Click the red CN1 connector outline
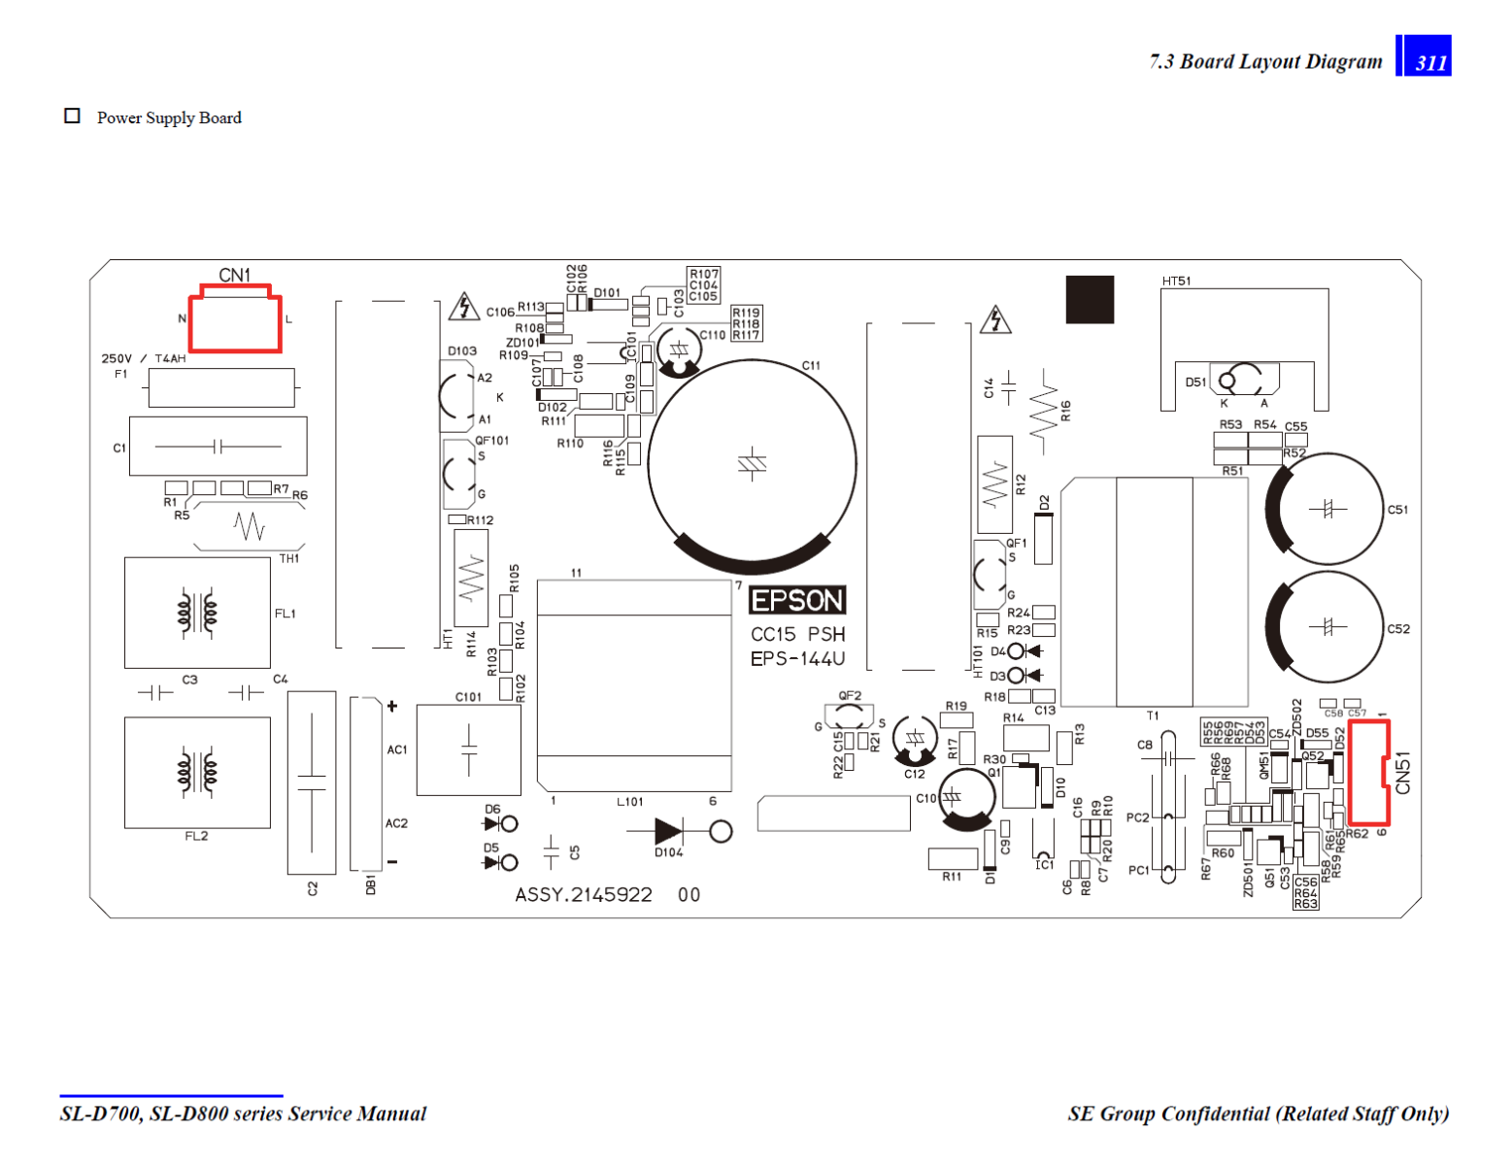click(235, 320)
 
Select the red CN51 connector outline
click(1368, 773)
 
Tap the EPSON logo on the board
click(797, 601)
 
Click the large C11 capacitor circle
click(752, 464)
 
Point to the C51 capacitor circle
click(1327, 509)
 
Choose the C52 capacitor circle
click(1327, 627)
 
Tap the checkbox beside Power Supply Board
click(72, 116)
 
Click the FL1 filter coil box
click(197, 613)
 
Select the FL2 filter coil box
click(197, 773)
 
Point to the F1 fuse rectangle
click(221, 387)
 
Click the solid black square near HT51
click(1090, 299)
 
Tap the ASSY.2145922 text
click(584, 895)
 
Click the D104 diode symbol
click(668, 831)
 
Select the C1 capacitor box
click(218, 447)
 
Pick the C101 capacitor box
click(468, 749)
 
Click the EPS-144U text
click(797, 659)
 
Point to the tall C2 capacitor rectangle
click(312, 782)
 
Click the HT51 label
click(1176, 282)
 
